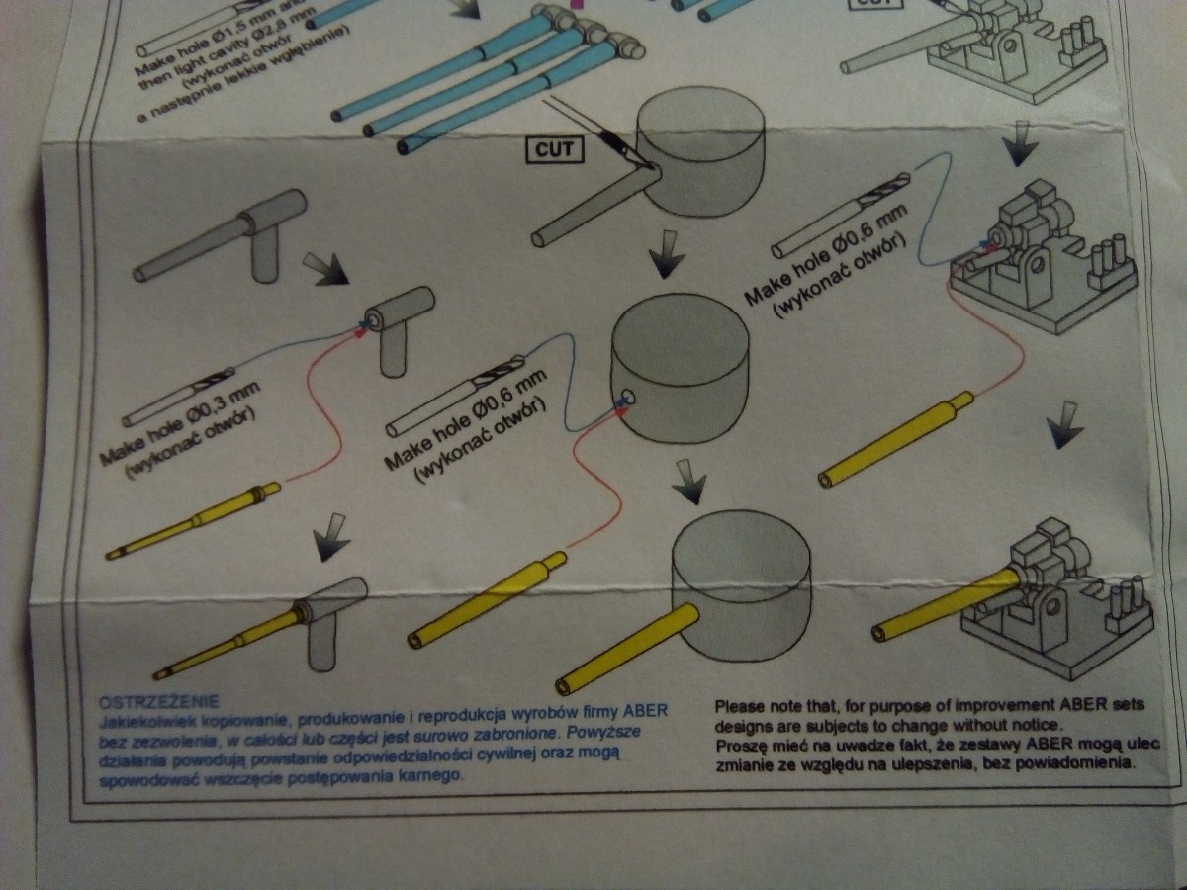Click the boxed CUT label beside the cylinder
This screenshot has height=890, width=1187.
coord(556,150)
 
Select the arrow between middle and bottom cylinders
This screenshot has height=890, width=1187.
coord(690,483)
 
